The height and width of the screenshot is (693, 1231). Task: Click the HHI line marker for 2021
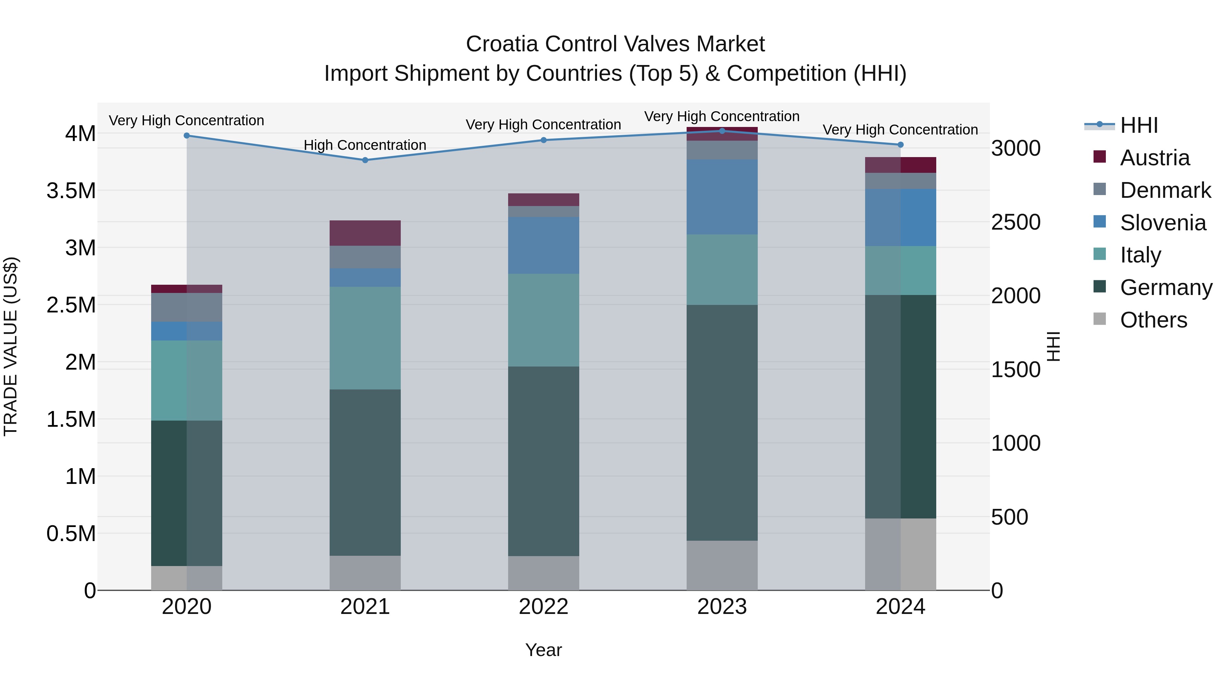pyautogui.click(x=365, y=160)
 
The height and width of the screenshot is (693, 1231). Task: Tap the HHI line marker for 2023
pyautogui.click(x=722, y=131)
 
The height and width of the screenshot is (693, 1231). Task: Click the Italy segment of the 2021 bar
pyautogui.click(x=365, y=338)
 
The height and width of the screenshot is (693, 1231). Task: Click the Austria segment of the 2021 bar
pyautogui.click(x=365, y=233)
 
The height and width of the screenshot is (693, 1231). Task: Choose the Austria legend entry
pyautogui.click(x=1154, y=158)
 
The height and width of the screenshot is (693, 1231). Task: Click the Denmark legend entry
pyautogui.click(x=1165, y=190)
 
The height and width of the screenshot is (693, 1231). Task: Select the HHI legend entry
pyautogui.click(x=1138, y=125)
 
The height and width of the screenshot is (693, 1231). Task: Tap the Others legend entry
pyautogui.click(x=1153, y=320)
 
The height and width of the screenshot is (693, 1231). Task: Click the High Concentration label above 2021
pyautogui.click(x=365, y=145)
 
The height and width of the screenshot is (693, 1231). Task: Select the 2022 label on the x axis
pyautogui.click(x=543, y=607)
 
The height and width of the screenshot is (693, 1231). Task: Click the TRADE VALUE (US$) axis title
pyautogui.click(x=11, y=346)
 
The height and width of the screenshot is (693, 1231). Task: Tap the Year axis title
pyautogui.click(x=543, y=650)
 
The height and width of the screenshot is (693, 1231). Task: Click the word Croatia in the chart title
pyautogui.click(x=502, y=44)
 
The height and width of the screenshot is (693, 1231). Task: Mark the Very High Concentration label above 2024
pyautogui.click(x=900, y=130)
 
